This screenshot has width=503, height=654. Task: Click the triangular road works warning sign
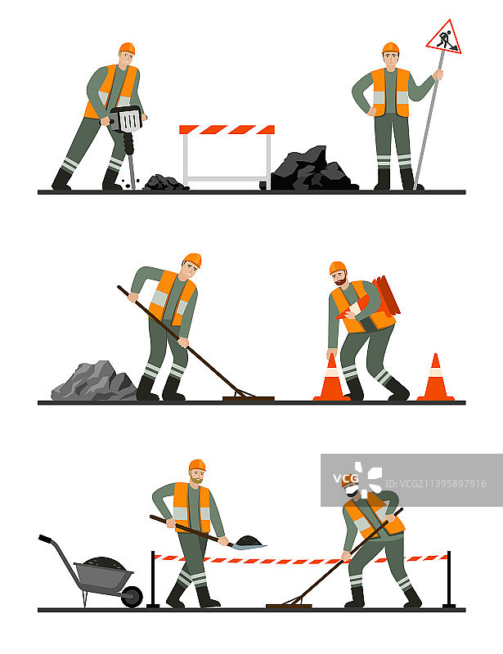(444, 38)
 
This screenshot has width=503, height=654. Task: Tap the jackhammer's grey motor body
(128, 119)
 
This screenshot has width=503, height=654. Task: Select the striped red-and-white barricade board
(227, 129)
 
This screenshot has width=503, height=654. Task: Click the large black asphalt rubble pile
(313, 170)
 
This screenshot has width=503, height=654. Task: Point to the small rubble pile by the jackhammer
(165, 182)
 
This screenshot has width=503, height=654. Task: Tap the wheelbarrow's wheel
(132, 597)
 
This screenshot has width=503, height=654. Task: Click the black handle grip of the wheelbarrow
(45, 539)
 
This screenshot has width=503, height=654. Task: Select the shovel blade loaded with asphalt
(249, 543)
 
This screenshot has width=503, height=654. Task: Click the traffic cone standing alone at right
(435, 378)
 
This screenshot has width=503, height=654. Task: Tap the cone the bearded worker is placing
(331, 379)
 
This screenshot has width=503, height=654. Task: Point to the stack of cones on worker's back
(386, 296)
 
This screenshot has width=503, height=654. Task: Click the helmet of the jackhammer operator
(128, 48)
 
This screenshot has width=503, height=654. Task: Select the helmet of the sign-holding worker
(391, 47)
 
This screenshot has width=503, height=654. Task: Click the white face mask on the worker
(352, 491)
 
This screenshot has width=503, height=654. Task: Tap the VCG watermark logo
(357, 478)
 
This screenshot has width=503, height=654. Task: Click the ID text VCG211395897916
(435, 483)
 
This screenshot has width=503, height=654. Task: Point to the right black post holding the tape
(449, 580)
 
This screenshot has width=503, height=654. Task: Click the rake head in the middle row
(249, 399)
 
